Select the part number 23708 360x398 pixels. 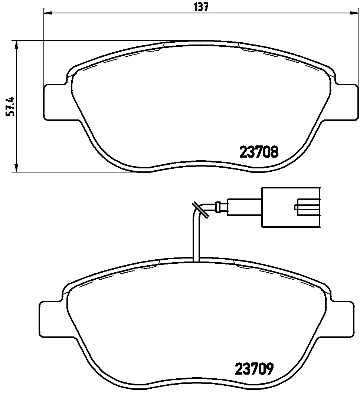click(x=259, y=152)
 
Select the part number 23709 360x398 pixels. click(x=254, y=369)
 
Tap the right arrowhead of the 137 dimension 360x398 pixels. click(x=354, y=13)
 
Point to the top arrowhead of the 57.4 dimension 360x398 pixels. click(x=16, y=45)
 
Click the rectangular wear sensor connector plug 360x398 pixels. click(x=290, y=207)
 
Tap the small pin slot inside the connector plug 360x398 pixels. click(x=306, y=207)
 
